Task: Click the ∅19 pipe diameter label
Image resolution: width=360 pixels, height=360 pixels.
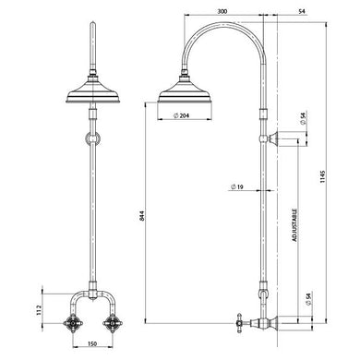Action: [x=238, y=186]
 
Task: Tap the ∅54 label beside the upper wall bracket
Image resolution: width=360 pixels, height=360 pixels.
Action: [x=304, y=118]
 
